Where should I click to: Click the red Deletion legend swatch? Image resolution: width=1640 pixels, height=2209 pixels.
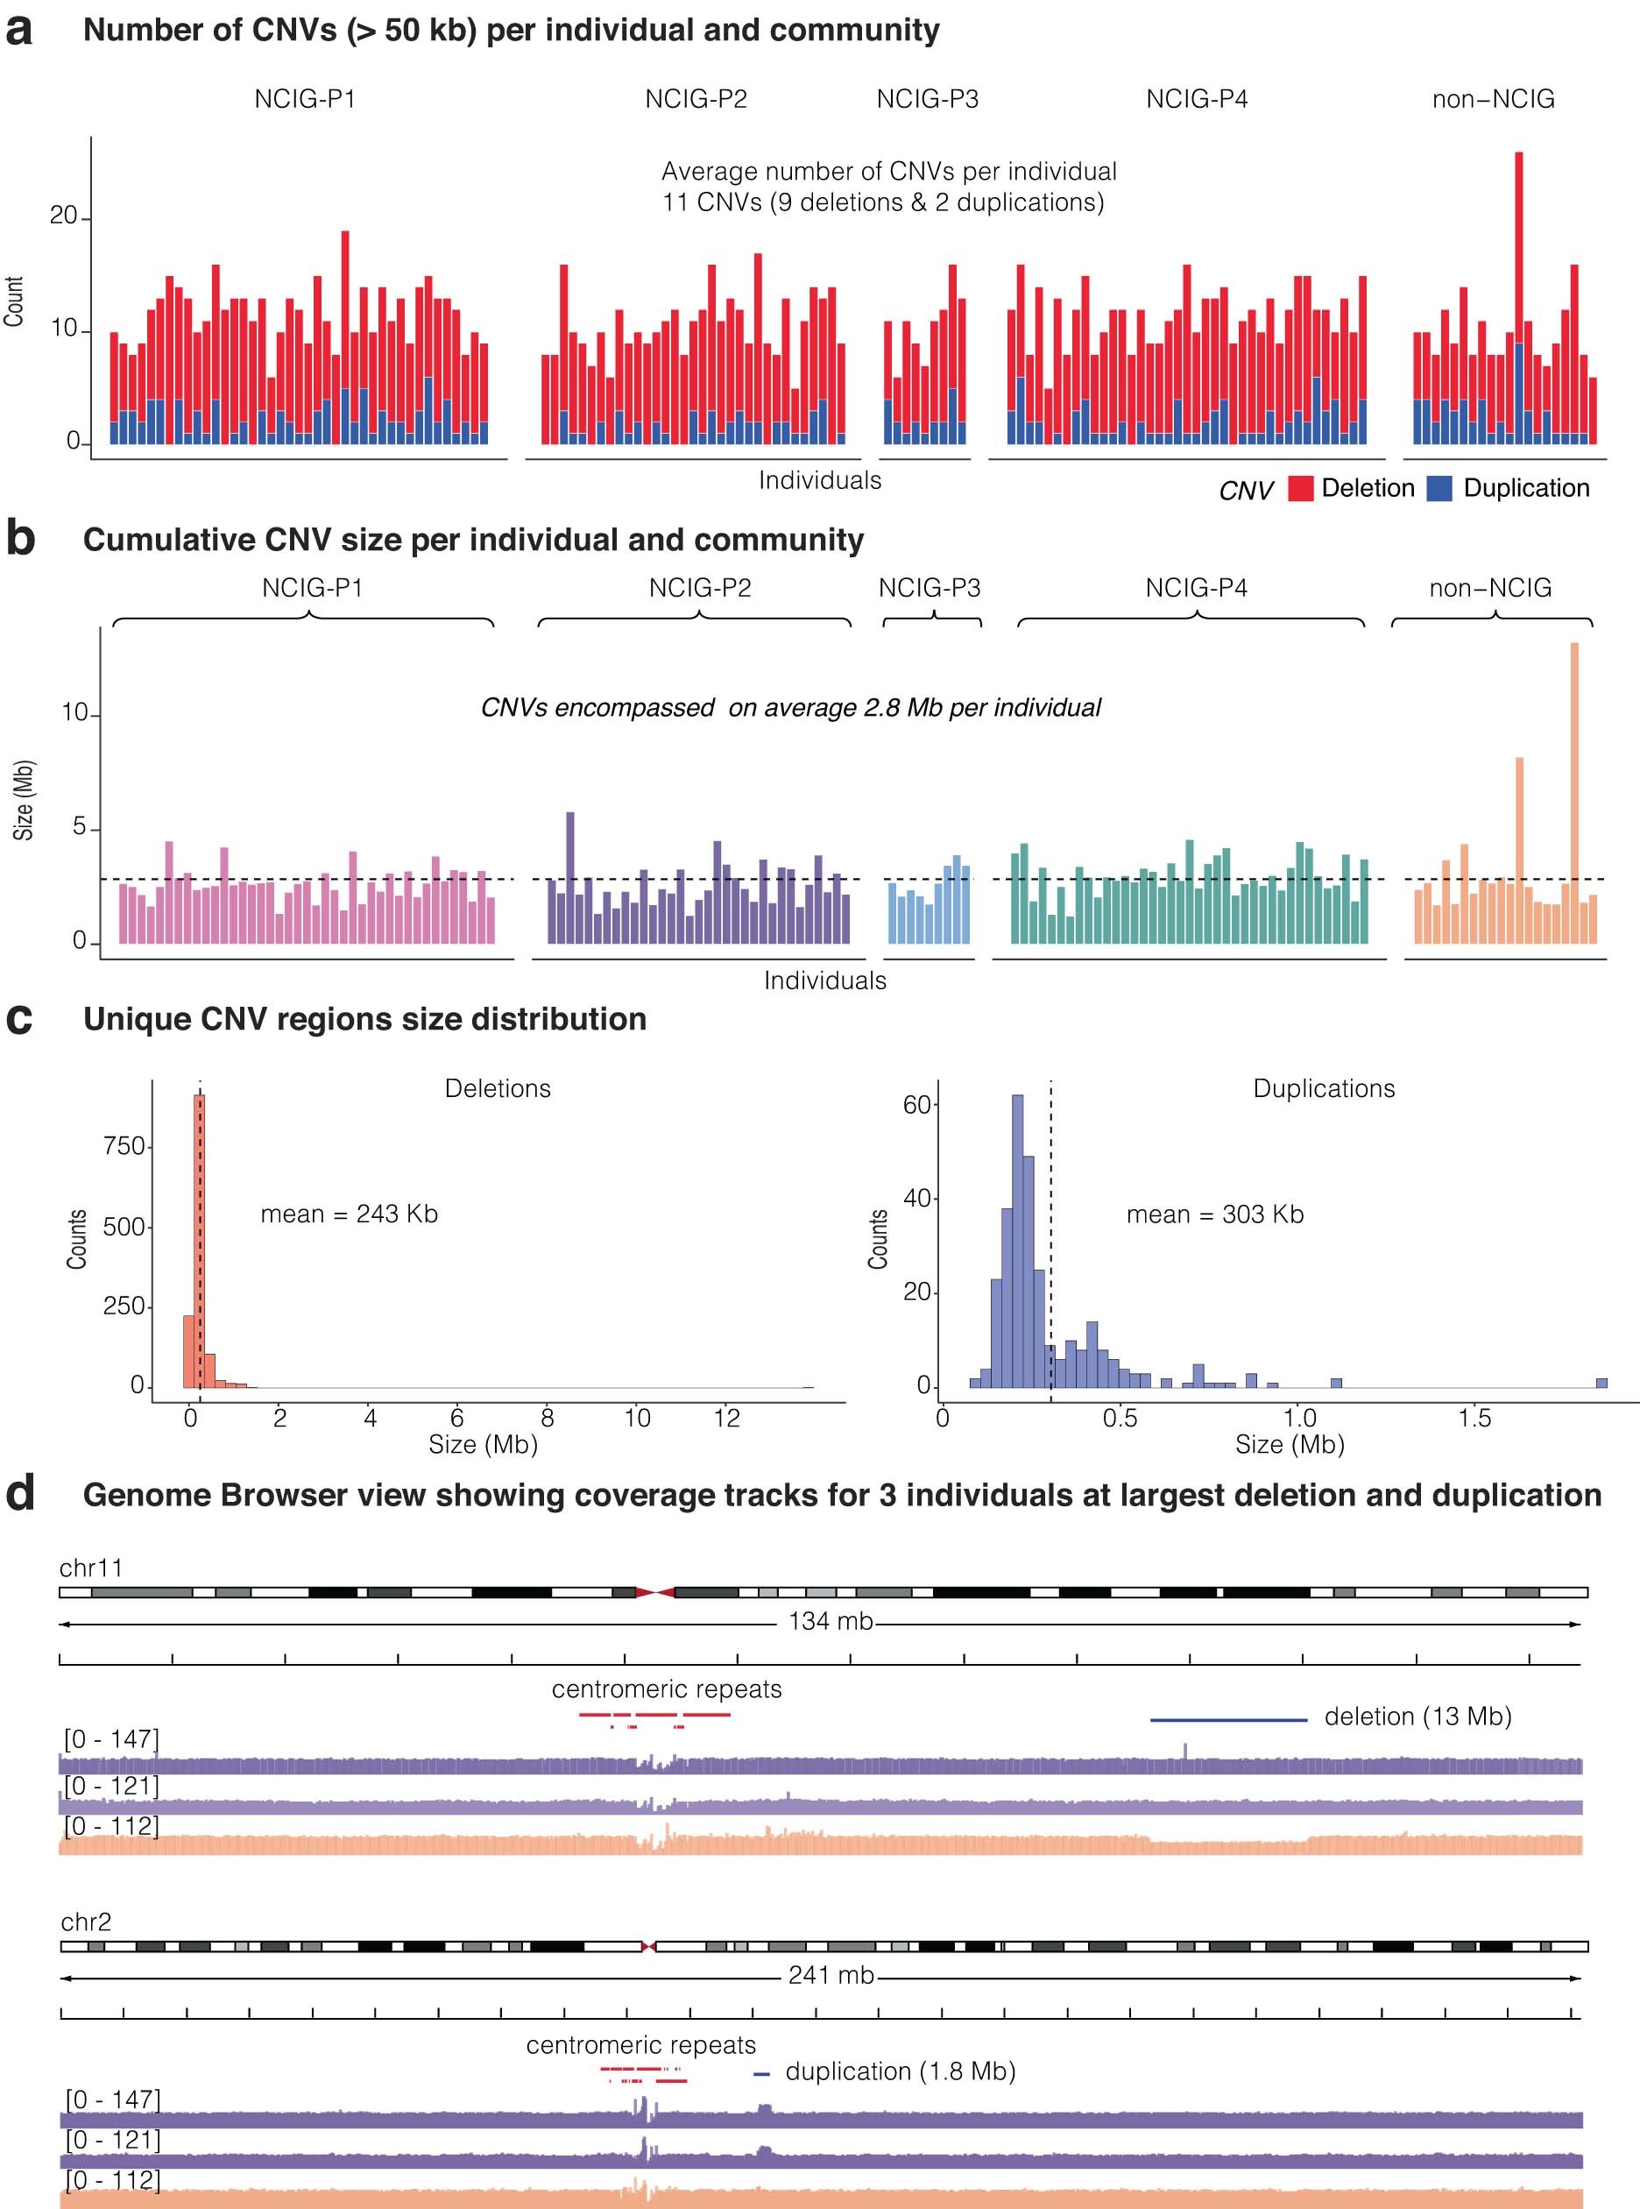(x=1300, y=488)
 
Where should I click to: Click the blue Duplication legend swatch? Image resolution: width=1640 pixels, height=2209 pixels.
(x=1439, y=488)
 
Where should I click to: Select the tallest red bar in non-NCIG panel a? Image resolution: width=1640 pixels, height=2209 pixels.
(x=1519, y=248)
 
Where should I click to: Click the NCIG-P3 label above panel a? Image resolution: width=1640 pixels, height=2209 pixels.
(x=927, y=99)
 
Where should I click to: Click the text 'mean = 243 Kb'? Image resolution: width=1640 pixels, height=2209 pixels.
(x=349, y=1214)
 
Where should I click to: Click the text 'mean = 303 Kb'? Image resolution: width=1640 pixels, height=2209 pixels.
(x=1214, y=1214)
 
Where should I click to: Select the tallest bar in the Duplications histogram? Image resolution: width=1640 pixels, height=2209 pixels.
(x=1016, y=1241)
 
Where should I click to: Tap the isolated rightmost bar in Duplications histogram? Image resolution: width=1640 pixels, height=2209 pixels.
(x=1601, y=1382)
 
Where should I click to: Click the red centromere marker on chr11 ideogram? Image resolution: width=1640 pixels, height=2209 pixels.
(x=655, y=1592)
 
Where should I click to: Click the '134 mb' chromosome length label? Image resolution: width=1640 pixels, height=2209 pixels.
(x=830, y=1622)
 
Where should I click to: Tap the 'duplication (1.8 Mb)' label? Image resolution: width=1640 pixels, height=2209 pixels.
(x=900, y=2072)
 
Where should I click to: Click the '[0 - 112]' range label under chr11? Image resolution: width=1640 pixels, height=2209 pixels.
(x=111, y=1827)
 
